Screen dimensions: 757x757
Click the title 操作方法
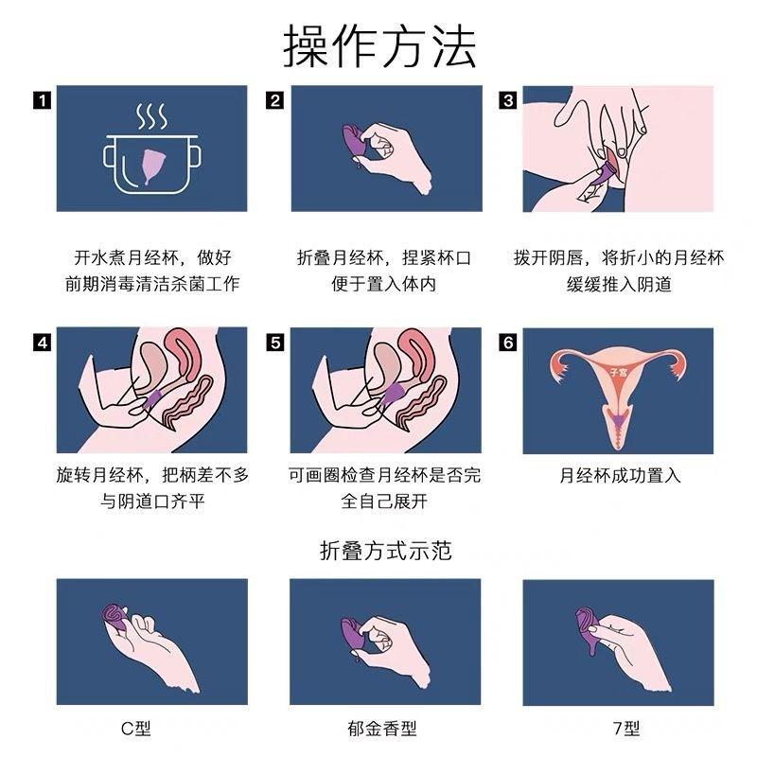[378, 44]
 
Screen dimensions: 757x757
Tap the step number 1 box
[42, 99]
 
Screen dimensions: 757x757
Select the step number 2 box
[275, 99]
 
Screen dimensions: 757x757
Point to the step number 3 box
[508, 99]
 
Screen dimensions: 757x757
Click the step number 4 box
[42, 343]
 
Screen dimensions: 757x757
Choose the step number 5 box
[275, 343]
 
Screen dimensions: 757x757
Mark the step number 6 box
[508, 343]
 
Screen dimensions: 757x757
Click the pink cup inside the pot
[151, 166]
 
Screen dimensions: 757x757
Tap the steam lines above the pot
[151, 117]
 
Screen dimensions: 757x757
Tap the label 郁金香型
[384, 729]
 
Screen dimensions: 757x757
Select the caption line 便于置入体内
[384, 283]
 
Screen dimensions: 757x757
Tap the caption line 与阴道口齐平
[152, 501]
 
